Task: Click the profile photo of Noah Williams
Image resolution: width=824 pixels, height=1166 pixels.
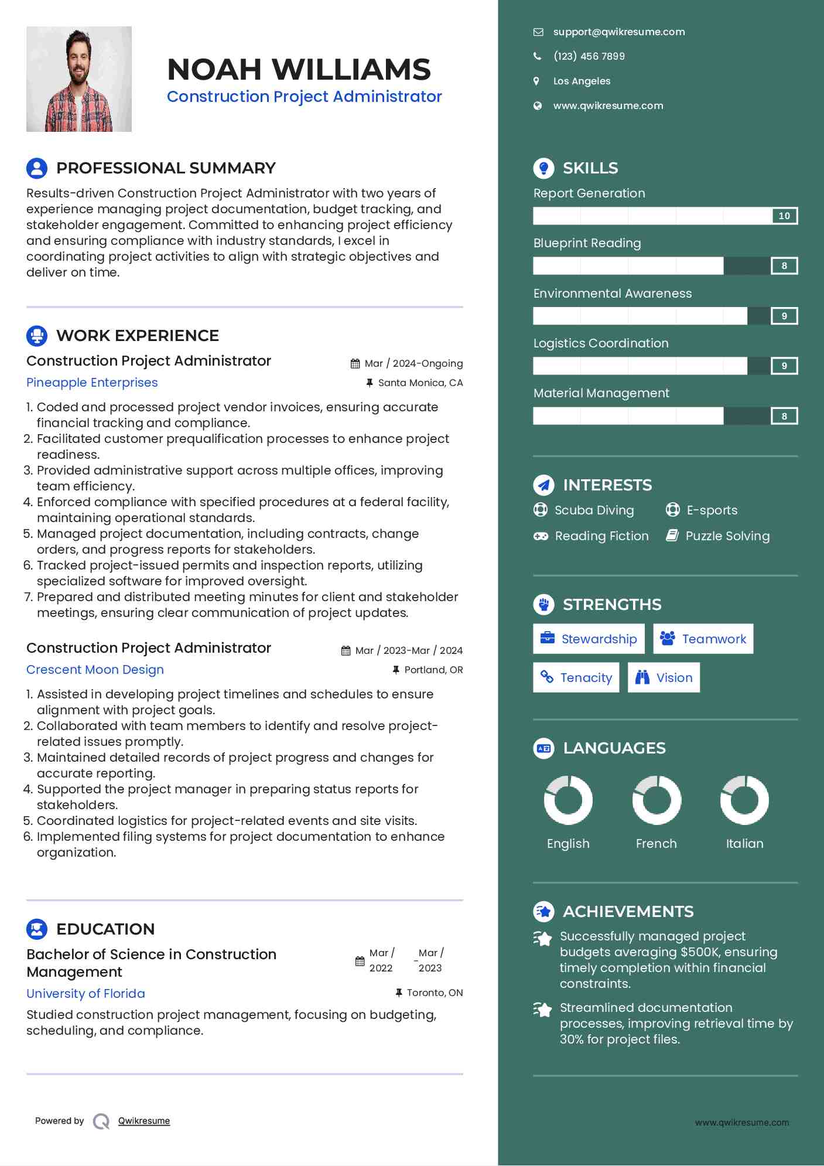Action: [79, 79]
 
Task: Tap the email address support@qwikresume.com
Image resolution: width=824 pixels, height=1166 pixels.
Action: [618, 32]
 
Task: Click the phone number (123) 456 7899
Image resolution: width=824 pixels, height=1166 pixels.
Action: [589, 56]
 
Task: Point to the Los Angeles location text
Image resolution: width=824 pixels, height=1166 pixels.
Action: [582, 81]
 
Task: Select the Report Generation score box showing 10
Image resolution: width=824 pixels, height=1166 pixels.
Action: [784, 216]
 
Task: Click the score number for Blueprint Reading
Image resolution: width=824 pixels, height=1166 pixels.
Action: [784, 266]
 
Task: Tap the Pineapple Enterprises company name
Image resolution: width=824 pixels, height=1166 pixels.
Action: [92, 383]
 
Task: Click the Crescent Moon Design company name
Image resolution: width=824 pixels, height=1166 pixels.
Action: [95, 670]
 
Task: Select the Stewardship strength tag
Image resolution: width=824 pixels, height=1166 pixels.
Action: [589, 639]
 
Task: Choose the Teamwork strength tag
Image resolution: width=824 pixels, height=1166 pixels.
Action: [703, 639]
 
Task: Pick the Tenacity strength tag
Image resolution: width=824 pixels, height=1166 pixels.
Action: [576, 678]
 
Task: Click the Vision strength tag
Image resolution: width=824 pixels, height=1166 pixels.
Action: [664, 678]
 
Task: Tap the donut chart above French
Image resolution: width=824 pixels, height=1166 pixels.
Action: [657, 800]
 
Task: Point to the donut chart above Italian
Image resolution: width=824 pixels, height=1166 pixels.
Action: [744, 800]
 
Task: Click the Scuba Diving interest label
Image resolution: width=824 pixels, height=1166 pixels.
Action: [594, 510]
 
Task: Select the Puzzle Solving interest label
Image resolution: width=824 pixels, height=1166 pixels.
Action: [727, 536]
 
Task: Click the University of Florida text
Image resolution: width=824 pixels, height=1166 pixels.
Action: [86, 994]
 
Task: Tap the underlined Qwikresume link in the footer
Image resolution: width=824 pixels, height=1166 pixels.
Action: [144, 1121]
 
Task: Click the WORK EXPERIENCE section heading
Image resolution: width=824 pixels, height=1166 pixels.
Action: [137, 336]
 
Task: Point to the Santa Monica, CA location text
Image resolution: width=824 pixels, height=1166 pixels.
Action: [420, 383]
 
